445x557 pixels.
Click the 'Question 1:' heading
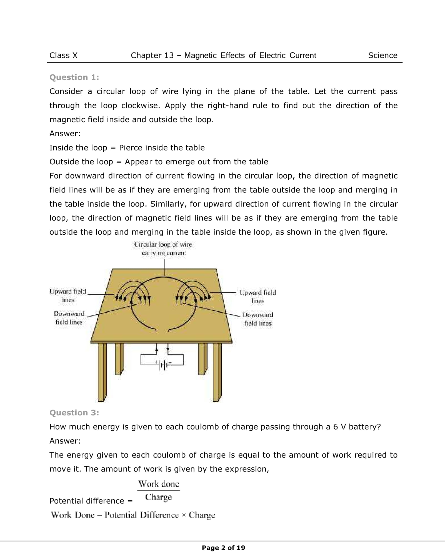74,77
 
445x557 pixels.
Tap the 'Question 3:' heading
74,413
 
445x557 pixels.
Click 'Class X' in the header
63,56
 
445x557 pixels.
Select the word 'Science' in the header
382,56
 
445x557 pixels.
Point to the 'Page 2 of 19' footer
223,548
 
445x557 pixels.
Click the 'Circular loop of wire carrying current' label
163,249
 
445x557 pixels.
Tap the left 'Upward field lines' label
68,295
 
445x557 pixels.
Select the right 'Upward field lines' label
257,297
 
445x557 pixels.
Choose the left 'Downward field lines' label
69,318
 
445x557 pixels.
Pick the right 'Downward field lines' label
258,319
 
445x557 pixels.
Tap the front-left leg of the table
102,372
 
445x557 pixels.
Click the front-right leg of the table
217,372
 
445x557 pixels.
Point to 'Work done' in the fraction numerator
159,484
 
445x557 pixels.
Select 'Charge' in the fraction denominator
158,497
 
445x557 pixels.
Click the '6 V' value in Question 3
339,427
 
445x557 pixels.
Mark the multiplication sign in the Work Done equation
184,515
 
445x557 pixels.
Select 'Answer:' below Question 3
65,441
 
